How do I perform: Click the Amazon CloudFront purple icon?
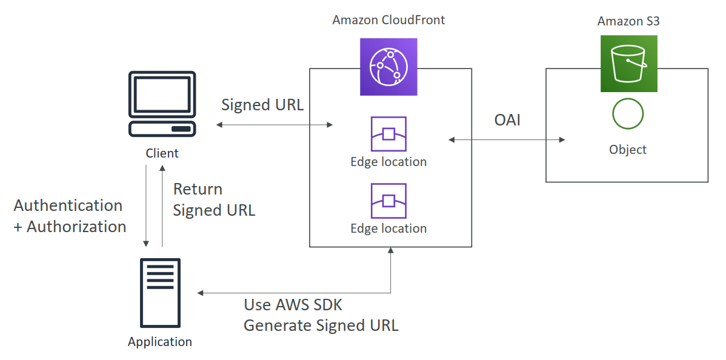coord(388,67)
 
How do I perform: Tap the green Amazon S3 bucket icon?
coord(628,64)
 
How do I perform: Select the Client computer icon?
coord(162,104)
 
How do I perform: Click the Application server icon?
coord(160,293)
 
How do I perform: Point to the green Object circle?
coord(628,113)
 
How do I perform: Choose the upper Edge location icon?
coord(388,134)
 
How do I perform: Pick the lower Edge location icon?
coord(388,201)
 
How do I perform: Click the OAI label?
coord(507,121)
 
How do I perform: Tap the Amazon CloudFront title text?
coord(388,20)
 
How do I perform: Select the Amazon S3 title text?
coord(628,21)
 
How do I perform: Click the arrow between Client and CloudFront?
coord(275,125)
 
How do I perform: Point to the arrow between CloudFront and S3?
coord(507,140)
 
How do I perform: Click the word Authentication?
coord(68,205)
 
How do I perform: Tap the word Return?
coord(198,189)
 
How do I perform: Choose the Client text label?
coord(162,153)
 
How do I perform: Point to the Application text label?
coord(160,342)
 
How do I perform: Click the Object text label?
coord(628,150)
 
